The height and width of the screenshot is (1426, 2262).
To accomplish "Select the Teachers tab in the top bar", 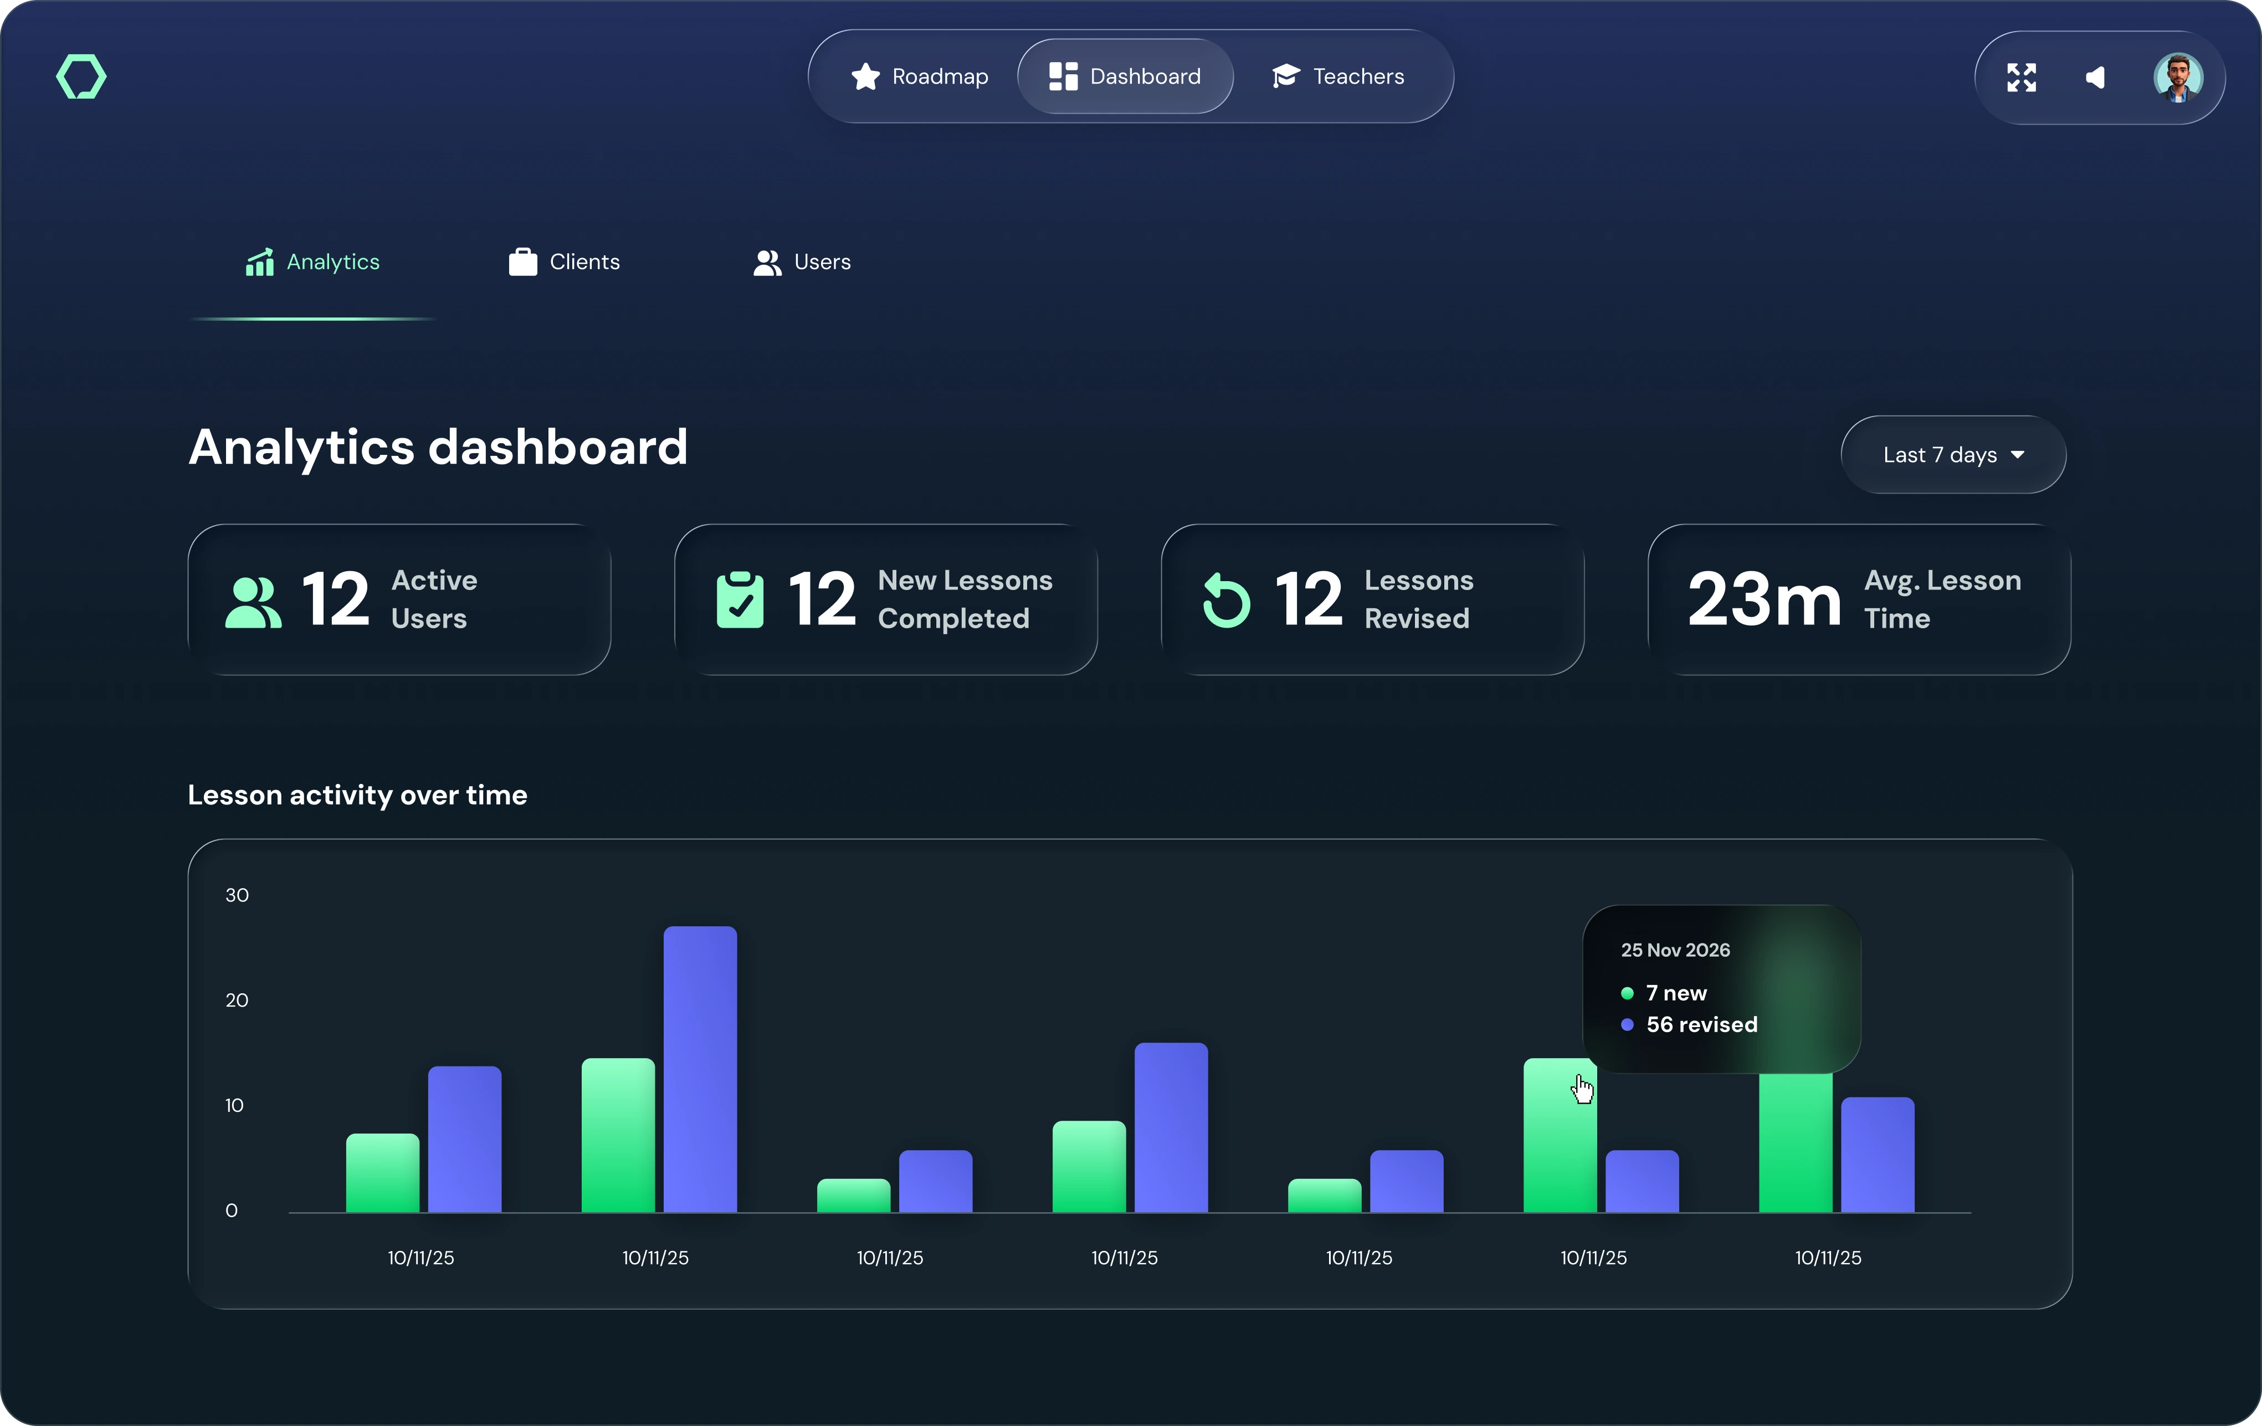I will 1338,76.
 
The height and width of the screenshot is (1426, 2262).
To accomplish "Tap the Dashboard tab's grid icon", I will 1063,76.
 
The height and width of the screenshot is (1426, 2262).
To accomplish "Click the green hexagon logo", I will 82,76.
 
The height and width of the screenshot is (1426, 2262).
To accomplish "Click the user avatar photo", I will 2177,77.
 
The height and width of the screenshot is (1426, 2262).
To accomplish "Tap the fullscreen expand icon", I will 2022,77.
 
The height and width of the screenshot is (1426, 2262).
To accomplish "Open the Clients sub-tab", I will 565,262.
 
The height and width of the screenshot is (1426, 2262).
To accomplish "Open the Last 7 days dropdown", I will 1953,455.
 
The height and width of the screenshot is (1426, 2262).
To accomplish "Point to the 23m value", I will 1763,599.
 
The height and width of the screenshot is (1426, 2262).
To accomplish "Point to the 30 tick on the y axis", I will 237,895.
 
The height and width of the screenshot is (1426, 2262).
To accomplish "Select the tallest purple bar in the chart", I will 700,1069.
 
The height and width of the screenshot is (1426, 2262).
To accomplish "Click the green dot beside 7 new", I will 1627,993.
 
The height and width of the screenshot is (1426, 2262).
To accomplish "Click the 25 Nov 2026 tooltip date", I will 1675,950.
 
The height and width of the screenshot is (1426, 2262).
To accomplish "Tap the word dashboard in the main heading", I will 558,447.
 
